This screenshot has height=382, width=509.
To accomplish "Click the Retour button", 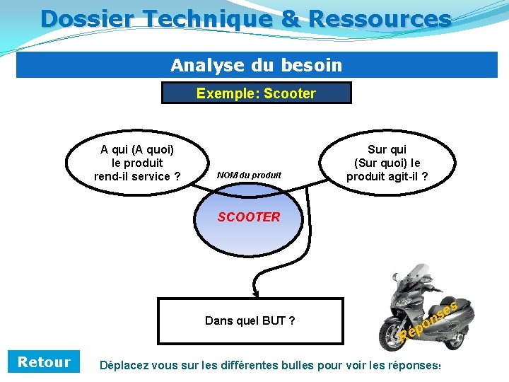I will coord(44,362).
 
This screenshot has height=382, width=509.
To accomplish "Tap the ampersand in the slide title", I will coord(290,18).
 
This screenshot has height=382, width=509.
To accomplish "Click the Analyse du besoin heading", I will coord(256,66).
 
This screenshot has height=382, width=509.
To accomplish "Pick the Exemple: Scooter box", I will coord(256,93).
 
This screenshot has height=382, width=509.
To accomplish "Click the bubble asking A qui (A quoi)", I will coord(137,163).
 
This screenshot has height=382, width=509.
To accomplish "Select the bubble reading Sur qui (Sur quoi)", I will coord(387,163).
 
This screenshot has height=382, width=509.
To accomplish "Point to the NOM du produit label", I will coord(249,175).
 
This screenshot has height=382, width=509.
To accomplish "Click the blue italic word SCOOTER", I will coord(249,217).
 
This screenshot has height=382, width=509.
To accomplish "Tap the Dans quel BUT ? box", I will coord(250,321).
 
